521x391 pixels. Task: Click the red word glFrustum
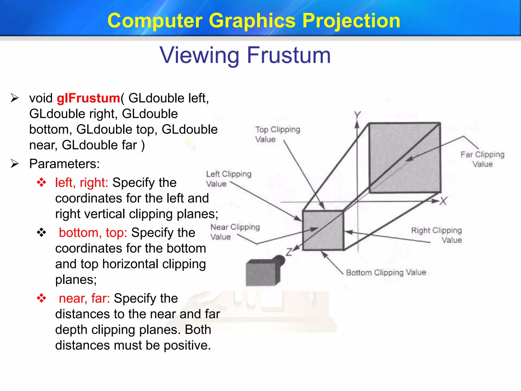(88, 98)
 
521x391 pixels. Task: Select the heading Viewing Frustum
(245, 55)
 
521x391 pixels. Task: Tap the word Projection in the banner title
(351, 21)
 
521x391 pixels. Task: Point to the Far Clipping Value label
(482, 159)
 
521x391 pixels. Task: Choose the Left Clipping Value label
(228, 179)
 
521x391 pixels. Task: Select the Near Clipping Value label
(235, 232)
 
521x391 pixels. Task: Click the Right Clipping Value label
(437, 235)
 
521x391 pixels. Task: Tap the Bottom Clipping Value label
(386, 272)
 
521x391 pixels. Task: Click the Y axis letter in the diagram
(357, 115)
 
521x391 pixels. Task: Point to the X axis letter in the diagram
(443, 201)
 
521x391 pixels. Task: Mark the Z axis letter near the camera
(289, 252)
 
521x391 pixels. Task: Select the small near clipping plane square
(323, 230)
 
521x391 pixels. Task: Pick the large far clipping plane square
(405, 158)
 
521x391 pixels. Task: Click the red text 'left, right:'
(82, 183)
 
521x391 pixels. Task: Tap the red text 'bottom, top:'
(93, 233)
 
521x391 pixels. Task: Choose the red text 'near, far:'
(84, 298)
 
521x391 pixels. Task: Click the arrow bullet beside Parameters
(15, 164)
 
